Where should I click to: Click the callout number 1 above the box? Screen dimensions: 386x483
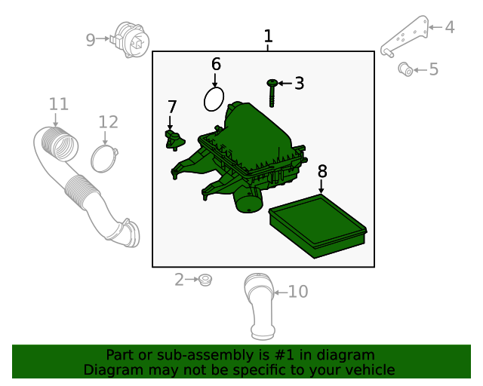(268, 36)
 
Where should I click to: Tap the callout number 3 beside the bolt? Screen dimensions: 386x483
(299, 84)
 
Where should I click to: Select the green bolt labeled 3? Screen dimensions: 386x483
(272, 93)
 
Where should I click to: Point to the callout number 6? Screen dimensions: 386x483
(216, 64)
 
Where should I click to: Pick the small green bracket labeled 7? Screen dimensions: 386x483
(174, 139)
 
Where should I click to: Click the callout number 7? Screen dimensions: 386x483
(172, 107)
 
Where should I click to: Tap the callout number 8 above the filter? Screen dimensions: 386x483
(322, 171)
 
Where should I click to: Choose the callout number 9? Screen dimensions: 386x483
(91, 40)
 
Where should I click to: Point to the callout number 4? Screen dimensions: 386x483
(450, 28)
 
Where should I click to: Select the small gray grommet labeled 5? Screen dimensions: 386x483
(405, 70)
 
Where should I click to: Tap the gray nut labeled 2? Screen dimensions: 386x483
(204, 280)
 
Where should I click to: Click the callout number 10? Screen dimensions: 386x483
(298, 291)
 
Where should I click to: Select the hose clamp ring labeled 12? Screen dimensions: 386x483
(104, 158)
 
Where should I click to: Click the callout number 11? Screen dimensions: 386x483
(58, 104)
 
